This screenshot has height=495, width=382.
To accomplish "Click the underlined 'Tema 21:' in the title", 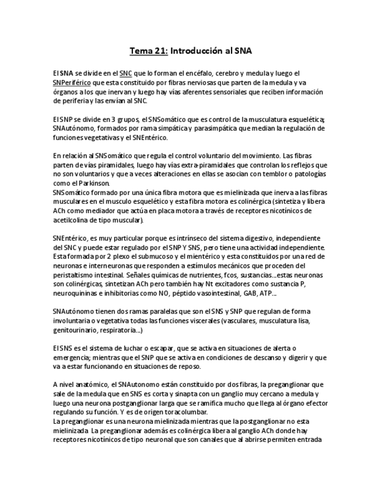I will [x=148, y=51].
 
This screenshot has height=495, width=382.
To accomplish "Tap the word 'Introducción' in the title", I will [x=194, y=51].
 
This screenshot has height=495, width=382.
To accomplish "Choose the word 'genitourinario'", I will [x=75, y=330].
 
